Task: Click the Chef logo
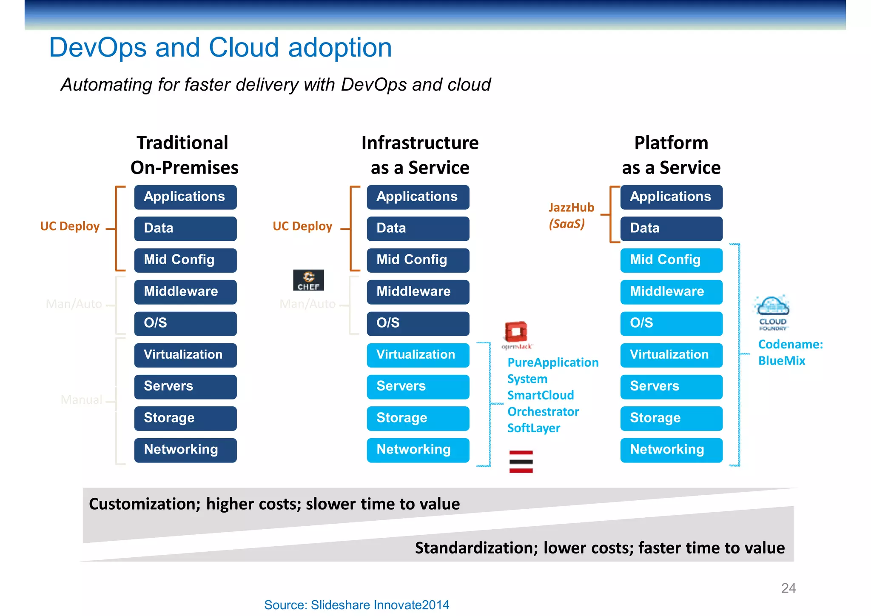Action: [308, 280]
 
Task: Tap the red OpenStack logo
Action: [516, 332]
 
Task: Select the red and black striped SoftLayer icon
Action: [521, 462]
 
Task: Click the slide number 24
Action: [788, 588]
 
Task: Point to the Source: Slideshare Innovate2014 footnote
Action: [356, 605]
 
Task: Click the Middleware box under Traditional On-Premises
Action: [185, 292]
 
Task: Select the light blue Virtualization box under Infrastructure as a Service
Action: [418, 355]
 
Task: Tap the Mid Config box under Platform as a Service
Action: [671, 260]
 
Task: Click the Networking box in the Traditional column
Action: [185, 450]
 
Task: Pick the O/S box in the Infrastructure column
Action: [418, 323]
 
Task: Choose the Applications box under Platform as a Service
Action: [671, 197]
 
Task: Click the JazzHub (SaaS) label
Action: [570, 215]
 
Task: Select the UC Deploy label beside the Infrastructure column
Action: [302, 226]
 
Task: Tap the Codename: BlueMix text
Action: [790, 352]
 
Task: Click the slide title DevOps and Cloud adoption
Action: [220, 47]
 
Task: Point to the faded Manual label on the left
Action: [81, 399]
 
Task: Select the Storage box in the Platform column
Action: [671, 418]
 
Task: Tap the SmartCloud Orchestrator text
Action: [543, 403]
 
